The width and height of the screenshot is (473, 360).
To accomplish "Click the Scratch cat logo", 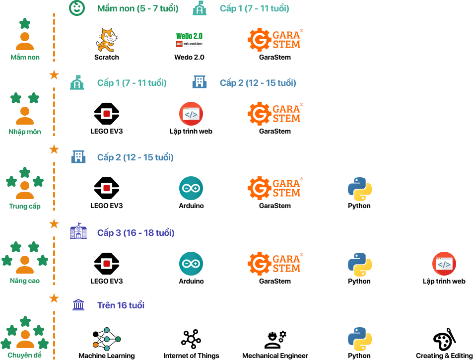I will point(106,40).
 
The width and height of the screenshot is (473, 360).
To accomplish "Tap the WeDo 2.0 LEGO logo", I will point(190,40).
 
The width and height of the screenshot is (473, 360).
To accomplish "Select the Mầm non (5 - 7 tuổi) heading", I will point(138,8).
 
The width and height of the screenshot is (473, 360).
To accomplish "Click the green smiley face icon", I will point(76,7).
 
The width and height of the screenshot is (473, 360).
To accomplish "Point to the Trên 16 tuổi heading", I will point(121,305).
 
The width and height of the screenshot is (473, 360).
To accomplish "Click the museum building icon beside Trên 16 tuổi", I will point(78,305).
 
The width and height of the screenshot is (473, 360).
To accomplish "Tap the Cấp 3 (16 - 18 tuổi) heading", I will point(135,232).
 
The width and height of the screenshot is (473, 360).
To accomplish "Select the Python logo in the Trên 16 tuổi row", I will point(360,339).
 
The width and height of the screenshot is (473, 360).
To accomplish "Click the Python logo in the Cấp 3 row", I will point(360,265).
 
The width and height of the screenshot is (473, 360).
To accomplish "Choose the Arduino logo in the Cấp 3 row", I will point(191,264).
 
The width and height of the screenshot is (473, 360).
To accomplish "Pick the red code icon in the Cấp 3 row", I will point(444,264).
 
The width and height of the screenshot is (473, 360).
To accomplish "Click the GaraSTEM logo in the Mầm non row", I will point(275,40).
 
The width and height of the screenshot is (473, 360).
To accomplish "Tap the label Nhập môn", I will point(25,132).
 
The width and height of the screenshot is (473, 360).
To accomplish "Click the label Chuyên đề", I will point(25,355).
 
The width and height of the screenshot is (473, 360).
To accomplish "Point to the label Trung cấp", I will point(25,206).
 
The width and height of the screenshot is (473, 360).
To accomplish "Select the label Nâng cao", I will point(25,281).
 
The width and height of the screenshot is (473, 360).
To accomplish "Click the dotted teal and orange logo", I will point(107,339).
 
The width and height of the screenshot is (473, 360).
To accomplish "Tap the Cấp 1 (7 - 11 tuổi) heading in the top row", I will point(254,8).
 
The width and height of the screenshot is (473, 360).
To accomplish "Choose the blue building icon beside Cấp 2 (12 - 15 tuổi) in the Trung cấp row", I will point(78,157).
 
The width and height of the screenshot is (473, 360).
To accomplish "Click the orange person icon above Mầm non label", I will point(25,41).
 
